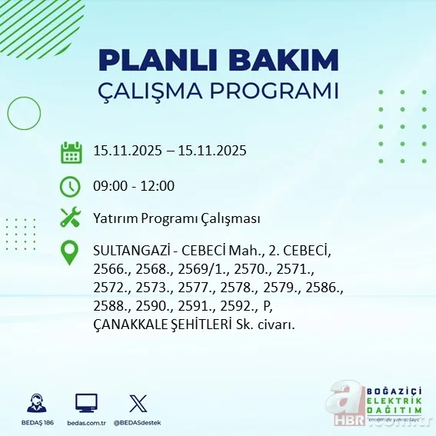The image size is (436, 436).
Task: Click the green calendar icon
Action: [71, 152]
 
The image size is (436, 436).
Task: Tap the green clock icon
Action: [71, 186]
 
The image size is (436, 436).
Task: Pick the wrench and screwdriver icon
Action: [71, 218]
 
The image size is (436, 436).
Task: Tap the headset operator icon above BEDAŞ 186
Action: [36, 403]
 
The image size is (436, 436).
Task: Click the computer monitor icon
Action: [86, 403]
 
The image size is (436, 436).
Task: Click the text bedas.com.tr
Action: [86, 423]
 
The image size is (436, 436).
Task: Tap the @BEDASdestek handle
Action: [138, 423]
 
